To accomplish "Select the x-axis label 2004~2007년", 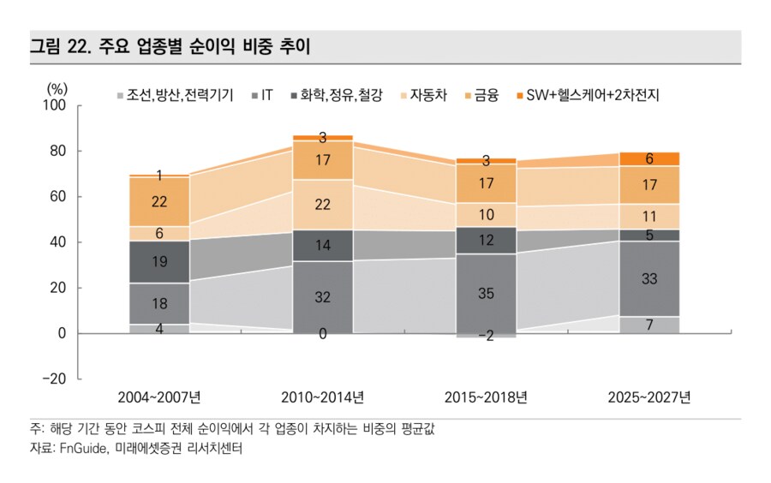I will pyautogui.click(x=159, y=397).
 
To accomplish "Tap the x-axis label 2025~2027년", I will pyautogui.click(x=648, y=397).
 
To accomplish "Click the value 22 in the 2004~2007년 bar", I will pyautogui.click(x=159, y=202).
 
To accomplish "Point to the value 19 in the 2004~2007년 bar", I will pyautogui.click(x=159, y=262).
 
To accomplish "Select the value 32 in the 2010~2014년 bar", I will pyautogui.click(x=322, y=297).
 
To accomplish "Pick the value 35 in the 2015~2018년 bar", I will pyautogui.click(x=486, y=293).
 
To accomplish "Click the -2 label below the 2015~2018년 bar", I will pyautogui.click(x=486, y=337).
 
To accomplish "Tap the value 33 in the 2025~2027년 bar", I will pyautogui.click(x=648, y=278).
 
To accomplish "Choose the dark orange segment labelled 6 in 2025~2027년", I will pyautogui.click(x=648, y=158).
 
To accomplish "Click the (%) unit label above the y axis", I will pyautogui.click(x=57, y=87).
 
